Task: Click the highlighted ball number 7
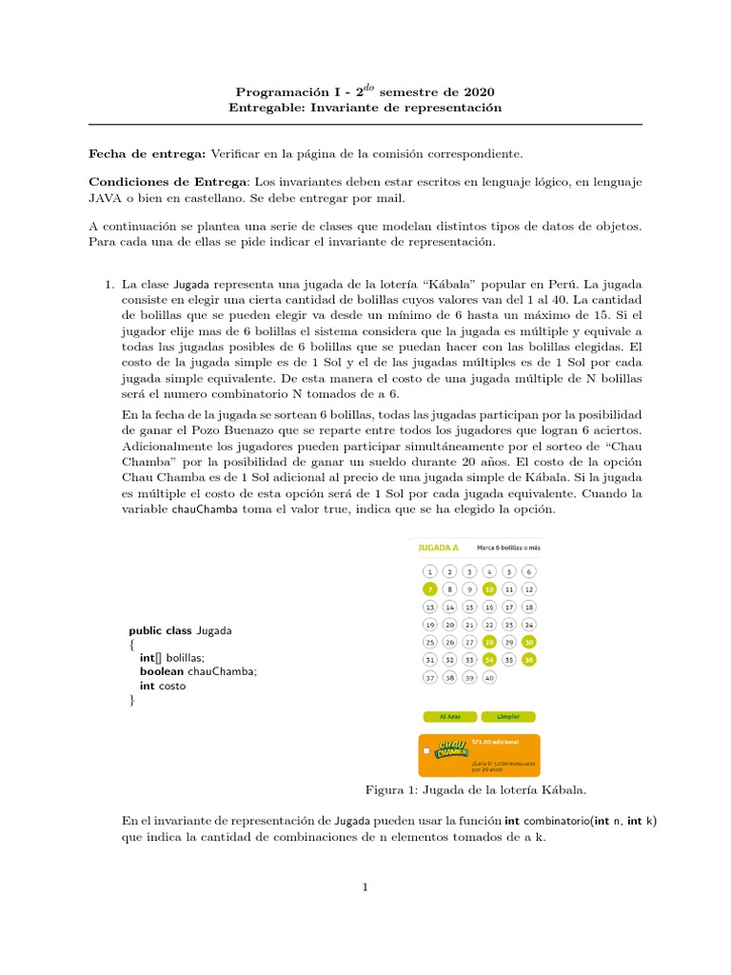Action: [429, 589]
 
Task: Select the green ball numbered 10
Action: [489, 589]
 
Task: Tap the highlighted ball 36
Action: [529, 659]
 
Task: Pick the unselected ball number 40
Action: [489, 677]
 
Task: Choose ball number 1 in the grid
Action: [429, 571]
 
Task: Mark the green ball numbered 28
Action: [489, 642]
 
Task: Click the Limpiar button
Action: [508, 716]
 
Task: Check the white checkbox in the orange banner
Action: [427, 751]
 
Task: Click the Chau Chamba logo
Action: [451, 750]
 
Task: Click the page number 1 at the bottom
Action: [365, 887]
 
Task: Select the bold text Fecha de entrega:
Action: [147, 152]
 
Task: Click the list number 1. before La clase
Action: [109, 284]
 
